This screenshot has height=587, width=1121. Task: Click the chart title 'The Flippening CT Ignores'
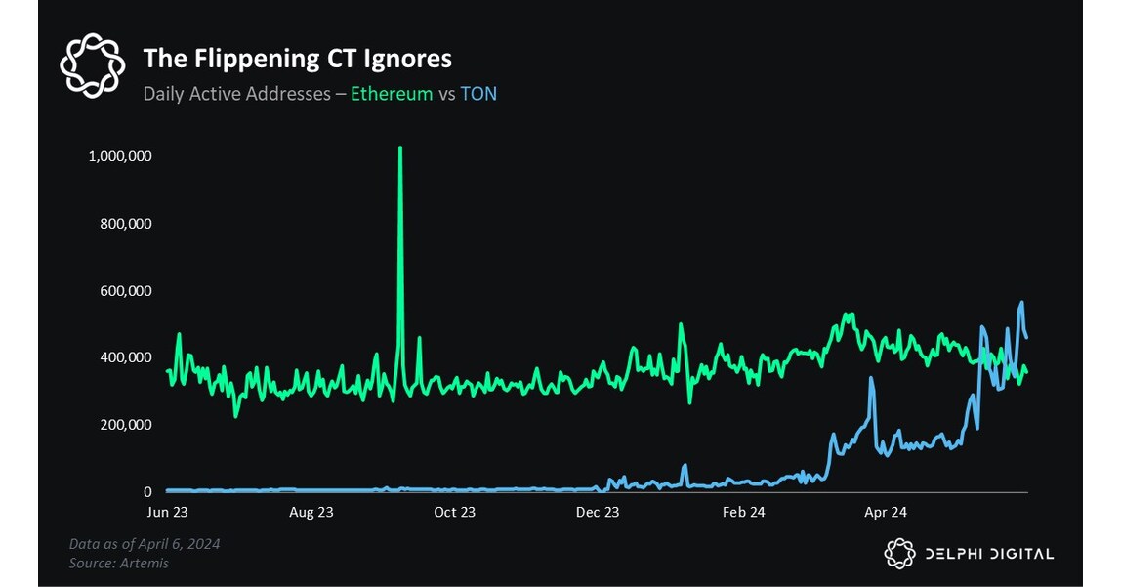pyautogui.click(x=297, y=59)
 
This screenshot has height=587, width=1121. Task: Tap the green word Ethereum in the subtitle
pyautogui.click(x=391, y=94)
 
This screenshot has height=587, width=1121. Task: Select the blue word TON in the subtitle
pyautogui.click(x=478, y=94)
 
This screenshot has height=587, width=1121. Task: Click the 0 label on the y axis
pyautogui.click(x=147, y=492)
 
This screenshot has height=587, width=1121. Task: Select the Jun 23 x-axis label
pyautogui.click(x=167, y=512)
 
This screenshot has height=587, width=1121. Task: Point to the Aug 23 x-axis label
pyautogui.click(x=311, y=512)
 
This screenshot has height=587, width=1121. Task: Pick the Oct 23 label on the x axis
pyautogui.click(x=454, y=512)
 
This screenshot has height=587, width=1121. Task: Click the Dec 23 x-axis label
pyautogui.click(x=598, y=512)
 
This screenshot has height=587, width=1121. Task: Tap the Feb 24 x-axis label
pyautogui.click(x=742, y=512)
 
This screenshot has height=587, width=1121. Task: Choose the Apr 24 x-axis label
pyautogui.click(x=886, y=512)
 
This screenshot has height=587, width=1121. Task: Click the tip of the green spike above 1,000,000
pyautogui.click(x=400, y=147)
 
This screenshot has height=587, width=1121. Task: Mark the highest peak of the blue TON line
pyautogui.click(x=1021, y=303)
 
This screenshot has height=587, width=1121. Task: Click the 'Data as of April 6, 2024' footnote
pyautogui.click(x=145, y=544)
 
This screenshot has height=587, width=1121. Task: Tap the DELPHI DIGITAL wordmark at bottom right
pyautogui.click(x=989, y=554)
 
